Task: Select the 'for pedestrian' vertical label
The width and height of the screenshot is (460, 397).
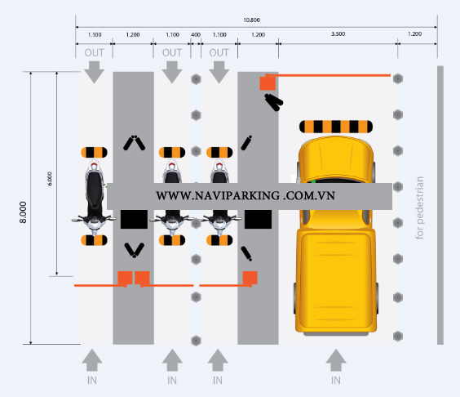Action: click(x=421, y=207)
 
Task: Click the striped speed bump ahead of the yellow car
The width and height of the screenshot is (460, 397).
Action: click(x=335, y=126)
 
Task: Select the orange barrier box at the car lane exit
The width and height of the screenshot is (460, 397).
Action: click(x=267, y=83)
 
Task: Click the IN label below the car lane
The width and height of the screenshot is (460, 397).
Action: click(x=335, y=380)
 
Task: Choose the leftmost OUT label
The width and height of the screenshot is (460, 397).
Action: click(x=94, y=52)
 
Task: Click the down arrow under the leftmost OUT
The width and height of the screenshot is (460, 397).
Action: click(x=94, y=73)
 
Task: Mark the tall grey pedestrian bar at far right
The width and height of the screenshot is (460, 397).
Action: click(x=440, y=205)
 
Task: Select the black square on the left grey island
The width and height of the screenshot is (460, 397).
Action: click(x=132, y=218)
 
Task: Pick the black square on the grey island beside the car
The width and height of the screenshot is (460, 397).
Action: click(x=258, y=218)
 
